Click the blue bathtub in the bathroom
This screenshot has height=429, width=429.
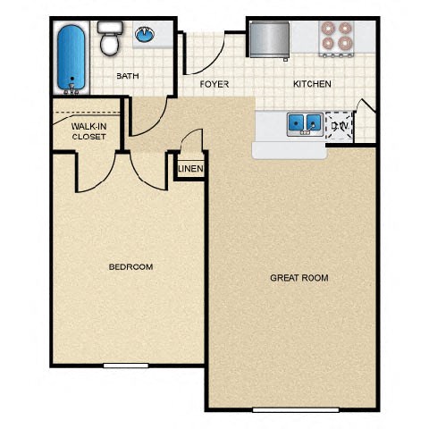70,58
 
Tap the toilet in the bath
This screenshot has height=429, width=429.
109,39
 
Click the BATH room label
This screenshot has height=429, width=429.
128,76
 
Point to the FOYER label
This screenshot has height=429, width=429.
214,84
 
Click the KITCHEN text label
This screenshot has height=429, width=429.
312,84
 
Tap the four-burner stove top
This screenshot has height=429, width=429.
338,35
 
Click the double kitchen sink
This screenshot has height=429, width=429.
304,122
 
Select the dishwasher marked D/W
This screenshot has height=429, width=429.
341,126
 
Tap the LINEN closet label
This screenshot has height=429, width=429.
190,169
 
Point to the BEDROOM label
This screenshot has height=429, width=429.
130,266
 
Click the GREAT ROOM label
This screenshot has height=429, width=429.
299,278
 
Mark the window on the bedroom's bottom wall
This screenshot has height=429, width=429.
125,365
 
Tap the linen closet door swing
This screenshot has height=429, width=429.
190,143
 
